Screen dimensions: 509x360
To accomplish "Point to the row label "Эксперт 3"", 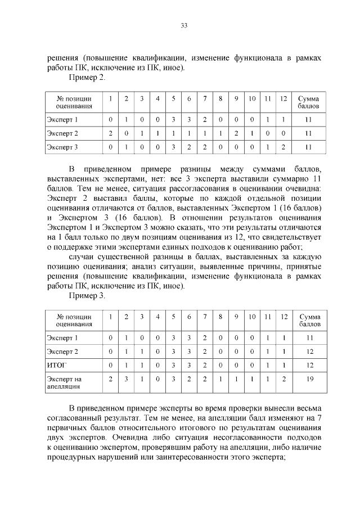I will [62, 147].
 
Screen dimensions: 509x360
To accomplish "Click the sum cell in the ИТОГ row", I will [309, 365].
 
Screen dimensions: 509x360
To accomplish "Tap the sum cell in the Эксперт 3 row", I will [308, 147].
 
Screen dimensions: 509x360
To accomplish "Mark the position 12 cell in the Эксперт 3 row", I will [283, 147].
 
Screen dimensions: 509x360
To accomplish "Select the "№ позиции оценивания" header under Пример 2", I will [74, 102].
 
